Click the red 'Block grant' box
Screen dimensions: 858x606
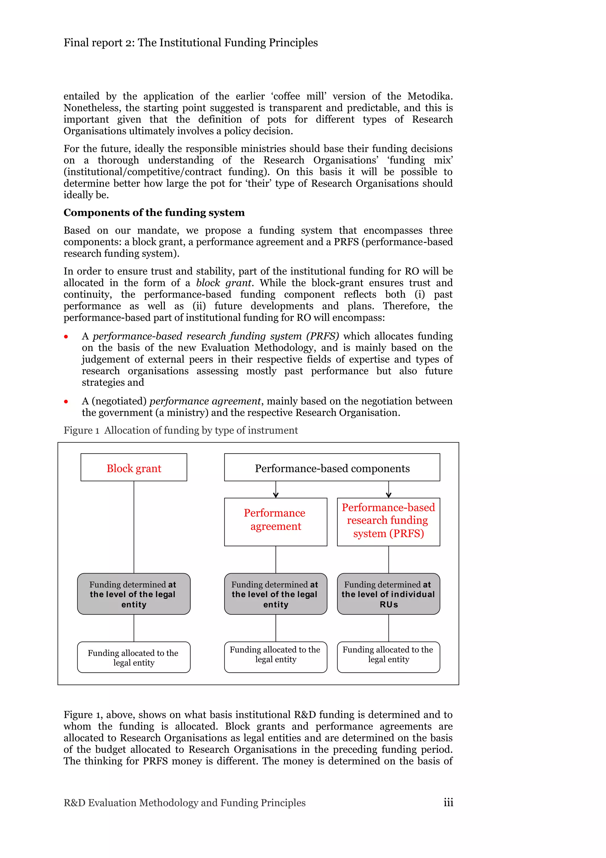(x=134, y=467)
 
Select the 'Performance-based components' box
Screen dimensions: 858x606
(x=332, y=467)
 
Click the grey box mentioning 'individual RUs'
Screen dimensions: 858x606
(x=388, y=594)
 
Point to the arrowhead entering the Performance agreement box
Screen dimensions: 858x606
(x=275, y=495)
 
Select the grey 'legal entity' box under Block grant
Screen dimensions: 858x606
(x=134, y=594)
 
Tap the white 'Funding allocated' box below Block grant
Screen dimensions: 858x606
(x=134, y=657)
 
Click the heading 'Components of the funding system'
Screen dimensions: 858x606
(x=154, y=213)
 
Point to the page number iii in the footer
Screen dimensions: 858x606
(x=448, y=802)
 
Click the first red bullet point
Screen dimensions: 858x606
(x=66, y=337)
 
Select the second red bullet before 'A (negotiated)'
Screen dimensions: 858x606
(x=66, y=402)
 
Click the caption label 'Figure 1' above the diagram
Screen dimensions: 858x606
(x=81, y=430)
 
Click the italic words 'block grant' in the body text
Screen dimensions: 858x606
(x=224, y=283)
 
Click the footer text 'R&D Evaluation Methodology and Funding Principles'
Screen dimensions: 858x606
(x=184, y=803)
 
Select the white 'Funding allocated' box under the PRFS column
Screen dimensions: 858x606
(x=388, y=657)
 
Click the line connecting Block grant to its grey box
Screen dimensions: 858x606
(x=134, y=527)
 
